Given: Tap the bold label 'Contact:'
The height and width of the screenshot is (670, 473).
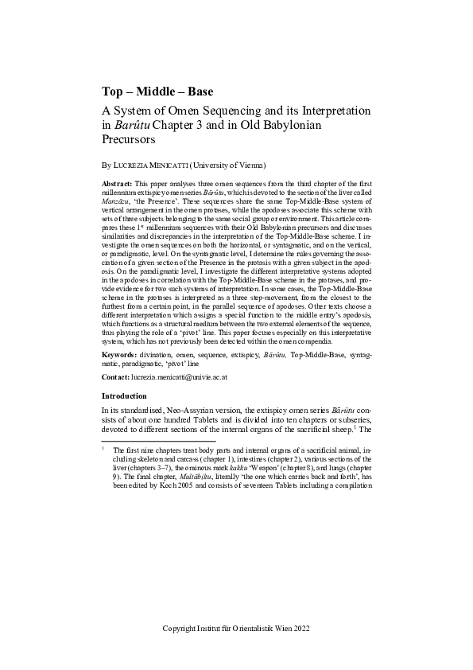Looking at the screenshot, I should click(118, 377).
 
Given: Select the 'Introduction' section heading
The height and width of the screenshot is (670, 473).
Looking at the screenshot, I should click(125, 396).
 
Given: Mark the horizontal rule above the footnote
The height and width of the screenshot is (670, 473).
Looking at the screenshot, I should click(159, 440).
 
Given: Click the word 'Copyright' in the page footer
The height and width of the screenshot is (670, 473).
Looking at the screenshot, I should click(180, 629).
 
